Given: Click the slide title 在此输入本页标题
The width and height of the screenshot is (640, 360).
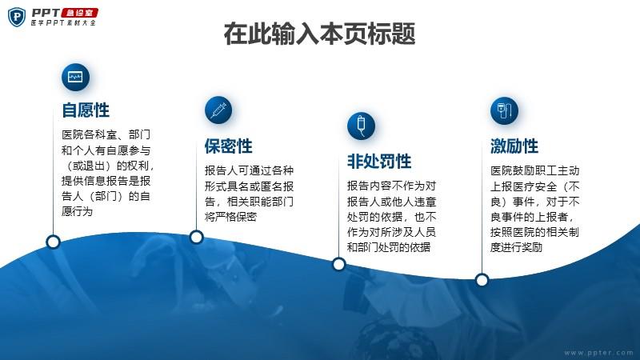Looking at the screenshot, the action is pos(319,34).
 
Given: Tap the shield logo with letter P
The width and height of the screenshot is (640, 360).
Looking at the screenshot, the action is pos(17,17).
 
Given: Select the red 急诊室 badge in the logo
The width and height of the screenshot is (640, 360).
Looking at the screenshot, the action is pos(79,13).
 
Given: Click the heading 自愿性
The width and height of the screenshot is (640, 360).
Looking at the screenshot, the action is pos(86,110).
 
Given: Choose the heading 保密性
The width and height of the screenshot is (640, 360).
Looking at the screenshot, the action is pos(229,146).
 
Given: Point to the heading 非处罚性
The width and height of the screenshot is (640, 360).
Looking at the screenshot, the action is pos(379,162).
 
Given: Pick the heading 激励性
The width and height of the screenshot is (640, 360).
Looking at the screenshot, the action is pos(514,146).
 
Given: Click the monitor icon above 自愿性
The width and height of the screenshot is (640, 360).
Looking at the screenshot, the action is pos(75,77).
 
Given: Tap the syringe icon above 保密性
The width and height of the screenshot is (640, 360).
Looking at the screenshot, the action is pos(218,110).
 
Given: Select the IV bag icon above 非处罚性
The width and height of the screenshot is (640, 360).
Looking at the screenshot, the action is pos(362,126).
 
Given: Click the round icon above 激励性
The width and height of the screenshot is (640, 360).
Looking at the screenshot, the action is pos(504,110).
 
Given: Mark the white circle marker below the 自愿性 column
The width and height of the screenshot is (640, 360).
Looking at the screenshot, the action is pos(53,242).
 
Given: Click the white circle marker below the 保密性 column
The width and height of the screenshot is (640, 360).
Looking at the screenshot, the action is pos(196,237).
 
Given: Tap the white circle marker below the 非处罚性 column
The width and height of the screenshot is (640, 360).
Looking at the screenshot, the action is pos(338,265).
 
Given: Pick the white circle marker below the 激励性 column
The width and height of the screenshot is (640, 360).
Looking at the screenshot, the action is pos(482,281).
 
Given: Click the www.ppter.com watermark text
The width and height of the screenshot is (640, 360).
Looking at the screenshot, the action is pos(598,353).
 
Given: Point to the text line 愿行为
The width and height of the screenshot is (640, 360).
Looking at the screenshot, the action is pos(77,211).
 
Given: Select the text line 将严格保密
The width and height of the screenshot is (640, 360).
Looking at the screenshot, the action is pos(230,217).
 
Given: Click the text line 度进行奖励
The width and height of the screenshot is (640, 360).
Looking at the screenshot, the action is pos(516,247).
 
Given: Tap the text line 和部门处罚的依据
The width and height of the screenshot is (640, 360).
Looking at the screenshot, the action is pos(389,247).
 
